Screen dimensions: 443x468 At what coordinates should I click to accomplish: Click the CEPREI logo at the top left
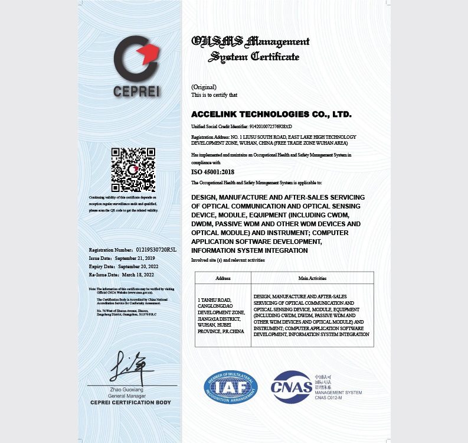(x=137, y=66)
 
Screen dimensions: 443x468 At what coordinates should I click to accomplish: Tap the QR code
(x=133, y=170)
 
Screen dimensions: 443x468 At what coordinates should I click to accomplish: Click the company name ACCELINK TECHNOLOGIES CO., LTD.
(x=271, y=113)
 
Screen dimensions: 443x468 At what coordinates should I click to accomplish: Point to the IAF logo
(x=231, y=387)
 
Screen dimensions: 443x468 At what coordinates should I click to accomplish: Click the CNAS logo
(x=292, y=387)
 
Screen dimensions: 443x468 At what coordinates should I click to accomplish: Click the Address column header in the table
(x=223, y=278)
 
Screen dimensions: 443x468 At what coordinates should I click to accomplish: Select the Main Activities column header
(x=312, y=278)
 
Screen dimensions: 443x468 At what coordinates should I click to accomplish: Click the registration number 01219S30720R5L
(x=156, y=250)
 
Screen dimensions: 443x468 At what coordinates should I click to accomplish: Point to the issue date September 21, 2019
(x=134, y=258)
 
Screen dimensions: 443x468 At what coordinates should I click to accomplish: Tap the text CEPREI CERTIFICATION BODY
(x=130, y=403)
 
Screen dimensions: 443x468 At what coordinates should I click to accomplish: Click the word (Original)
(x=204, y=87)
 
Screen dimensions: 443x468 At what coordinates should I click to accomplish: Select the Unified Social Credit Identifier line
(x=242, y=126)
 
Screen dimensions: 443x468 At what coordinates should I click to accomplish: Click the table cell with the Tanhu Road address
(x=222, y=315)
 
